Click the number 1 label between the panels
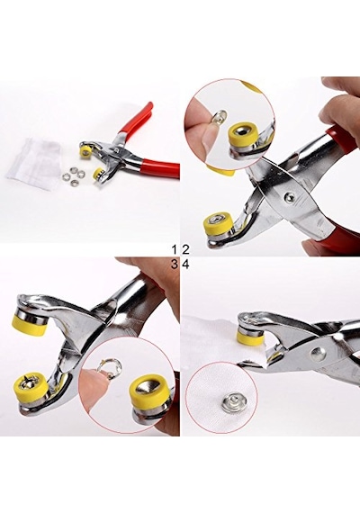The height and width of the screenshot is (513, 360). point(175,250)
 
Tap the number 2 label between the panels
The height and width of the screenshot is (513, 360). point(185,250)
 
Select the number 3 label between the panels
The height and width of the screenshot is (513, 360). point(175,265)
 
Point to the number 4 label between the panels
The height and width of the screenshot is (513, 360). point(185,265)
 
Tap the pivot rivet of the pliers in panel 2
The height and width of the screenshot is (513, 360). point(290,196)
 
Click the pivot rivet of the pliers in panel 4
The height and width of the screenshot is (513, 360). point(316,353)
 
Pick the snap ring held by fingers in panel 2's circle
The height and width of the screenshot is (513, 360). point(220,116)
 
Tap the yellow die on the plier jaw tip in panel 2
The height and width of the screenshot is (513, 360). point(217,225)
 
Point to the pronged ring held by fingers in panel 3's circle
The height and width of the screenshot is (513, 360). point(112,367)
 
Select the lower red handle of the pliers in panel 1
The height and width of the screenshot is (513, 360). point(160,168)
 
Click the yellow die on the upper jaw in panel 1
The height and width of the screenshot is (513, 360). point(86,151)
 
